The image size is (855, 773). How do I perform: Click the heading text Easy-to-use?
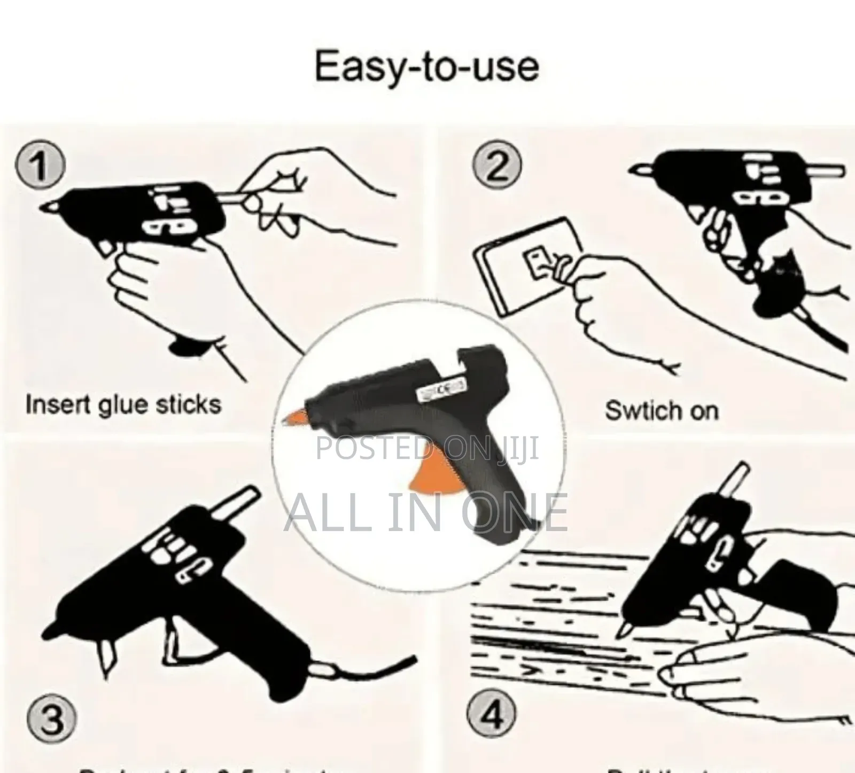tap(426, 67)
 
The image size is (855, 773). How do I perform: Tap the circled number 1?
tap(40, 167)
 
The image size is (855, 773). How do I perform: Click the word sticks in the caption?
tap(188, 404)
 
